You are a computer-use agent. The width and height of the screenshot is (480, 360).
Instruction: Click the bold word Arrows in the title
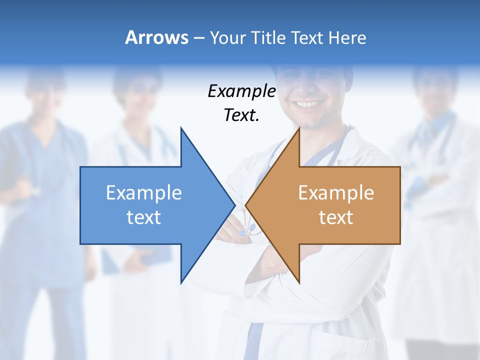[x=156, y=37]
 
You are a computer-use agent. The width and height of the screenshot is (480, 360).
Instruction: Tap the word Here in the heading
[x=347, y=37]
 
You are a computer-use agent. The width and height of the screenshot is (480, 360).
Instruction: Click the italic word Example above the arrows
[x=242, y=91]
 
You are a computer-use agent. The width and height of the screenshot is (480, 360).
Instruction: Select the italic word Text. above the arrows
[x=242, y=115]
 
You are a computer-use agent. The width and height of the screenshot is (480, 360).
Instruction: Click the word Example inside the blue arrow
[x=144, y=193]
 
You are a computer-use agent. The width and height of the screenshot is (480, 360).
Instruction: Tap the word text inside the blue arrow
[x=144, y=217]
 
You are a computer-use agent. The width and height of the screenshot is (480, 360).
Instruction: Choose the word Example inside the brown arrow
[x=336, y=193]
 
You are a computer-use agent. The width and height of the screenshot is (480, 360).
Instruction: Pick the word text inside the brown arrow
[x=336, y=217]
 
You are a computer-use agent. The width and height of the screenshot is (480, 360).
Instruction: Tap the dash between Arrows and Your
[x=198, y=38]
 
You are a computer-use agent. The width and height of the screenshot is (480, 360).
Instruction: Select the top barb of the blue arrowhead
[x=181, y=129]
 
